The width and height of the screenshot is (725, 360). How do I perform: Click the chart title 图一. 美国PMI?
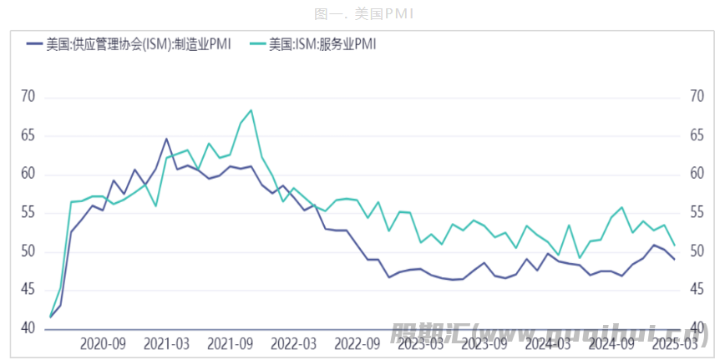click(x=362, y=13)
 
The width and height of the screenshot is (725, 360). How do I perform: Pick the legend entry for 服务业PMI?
click(x=322, y=44)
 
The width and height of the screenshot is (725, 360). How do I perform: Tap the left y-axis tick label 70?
click(x=28, y=97)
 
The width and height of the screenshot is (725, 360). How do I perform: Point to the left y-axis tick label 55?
click(x=28, y=213)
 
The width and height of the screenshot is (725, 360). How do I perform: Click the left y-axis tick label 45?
click(x=28, y=290)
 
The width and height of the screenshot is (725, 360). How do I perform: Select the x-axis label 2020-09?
click(x=103, y=343)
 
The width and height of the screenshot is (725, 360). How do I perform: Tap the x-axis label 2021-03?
click(x=165, y=343)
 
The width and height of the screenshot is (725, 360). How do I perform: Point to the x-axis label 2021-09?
click(x=230, y=343)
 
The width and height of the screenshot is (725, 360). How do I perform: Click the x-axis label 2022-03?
click(x=293, y=343)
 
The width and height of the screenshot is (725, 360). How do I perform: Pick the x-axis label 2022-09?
click(x=357, y=343)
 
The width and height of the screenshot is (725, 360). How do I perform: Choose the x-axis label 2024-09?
click(x=612, y=343)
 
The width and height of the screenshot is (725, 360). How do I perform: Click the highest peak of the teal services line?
click(x=251, y=110)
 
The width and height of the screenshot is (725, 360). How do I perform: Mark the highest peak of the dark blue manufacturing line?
click(x=166, y=139)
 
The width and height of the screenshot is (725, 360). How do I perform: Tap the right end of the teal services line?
click(x=674, y=245)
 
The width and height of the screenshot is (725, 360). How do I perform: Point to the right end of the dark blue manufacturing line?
click(x=674, y=259)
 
